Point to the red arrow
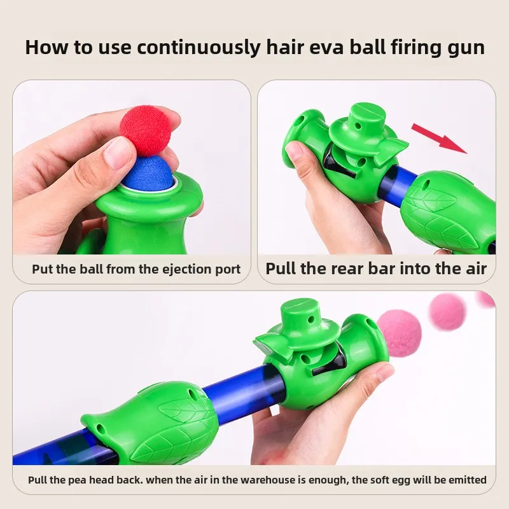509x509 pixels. coord(440,139)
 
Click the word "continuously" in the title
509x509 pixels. coord(199,48)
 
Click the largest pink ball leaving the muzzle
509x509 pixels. coord(400,332)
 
